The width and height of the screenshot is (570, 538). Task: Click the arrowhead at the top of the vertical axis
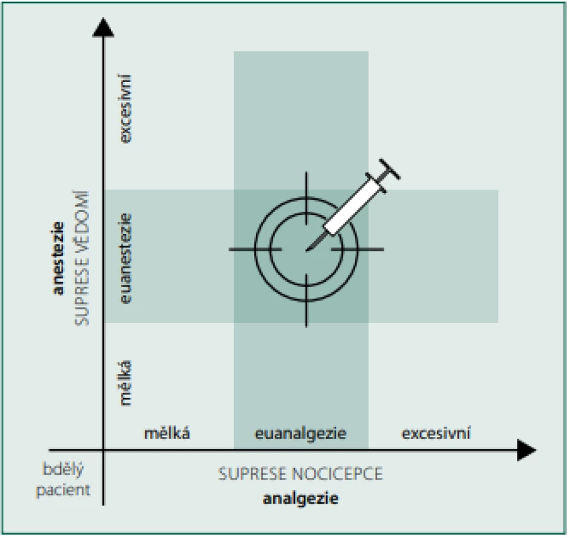[x=104, y=28]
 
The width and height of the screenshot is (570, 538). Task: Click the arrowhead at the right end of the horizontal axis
[x=526, y=451]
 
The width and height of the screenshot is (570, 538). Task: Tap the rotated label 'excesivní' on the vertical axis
[x=126, y=109]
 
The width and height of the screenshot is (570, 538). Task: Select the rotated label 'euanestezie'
[x=126, y=259]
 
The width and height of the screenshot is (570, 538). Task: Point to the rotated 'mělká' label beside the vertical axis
[x=126, y=383]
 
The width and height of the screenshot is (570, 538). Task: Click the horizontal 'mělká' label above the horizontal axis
[x=167, y=434]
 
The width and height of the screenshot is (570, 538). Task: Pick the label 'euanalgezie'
[x=300, y=434]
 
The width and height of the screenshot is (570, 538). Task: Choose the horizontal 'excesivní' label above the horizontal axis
[x=436, y=434]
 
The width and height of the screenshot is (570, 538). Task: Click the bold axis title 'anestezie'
[x=58, y=258]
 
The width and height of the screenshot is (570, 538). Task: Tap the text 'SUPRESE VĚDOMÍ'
[x=82, y=258]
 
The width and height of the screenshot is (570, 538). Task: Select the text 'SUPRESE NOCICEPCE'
[x=300, y=474]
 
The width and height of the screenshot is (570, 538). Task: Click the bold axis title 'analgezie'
[x=300, y=498]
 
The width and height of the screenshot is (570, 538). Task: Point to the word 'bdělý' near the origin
[x=63, y=469]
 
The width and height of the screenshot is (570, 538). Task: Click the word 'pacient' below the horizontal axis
[x=63, y=490]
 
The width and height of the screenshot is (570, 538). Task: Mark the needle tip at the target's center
[x=307, y=250]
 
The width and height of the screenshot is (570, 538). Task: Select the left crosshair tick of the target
[x=255, y=249]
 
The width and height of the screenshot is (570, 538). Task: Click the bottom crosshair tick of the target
[x=307, y=301]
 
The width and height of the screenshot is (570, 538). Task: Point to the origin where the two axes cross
[x=104, y=451]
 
